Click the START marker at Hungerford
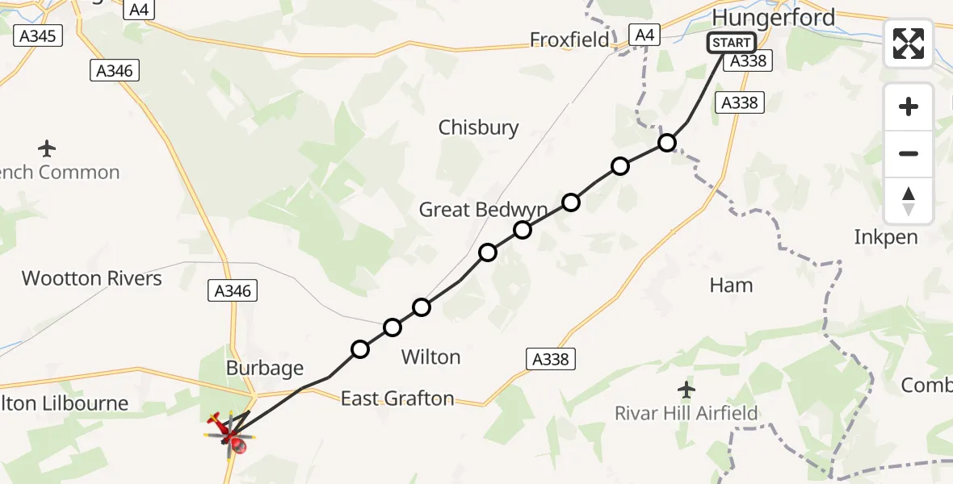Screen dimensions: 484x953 (731, 43)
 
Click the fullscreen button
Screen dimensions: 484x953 (909, 44)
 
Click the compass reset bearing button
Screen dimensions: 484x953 (909, 201)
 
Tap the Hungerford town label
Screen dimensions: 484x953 (773, 17)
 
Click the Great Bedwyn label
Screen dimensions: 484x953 (483, 210)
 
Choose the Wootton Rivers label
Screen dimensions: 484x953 (92, 278)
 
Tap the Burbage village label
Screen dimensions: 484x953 (265, 369)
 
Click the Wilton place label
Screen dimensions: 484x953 (430, 357)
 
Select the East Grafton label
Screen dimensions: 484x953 (397, 398)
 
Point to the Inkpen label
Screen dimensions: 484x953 (886, 237)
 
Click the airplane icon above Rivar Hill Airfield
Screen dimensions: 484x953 (686, 390)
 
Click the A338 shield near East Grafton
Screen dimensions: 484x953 (551, 360)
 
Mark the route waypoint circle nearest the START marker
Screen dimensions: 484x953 (666, 143)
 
